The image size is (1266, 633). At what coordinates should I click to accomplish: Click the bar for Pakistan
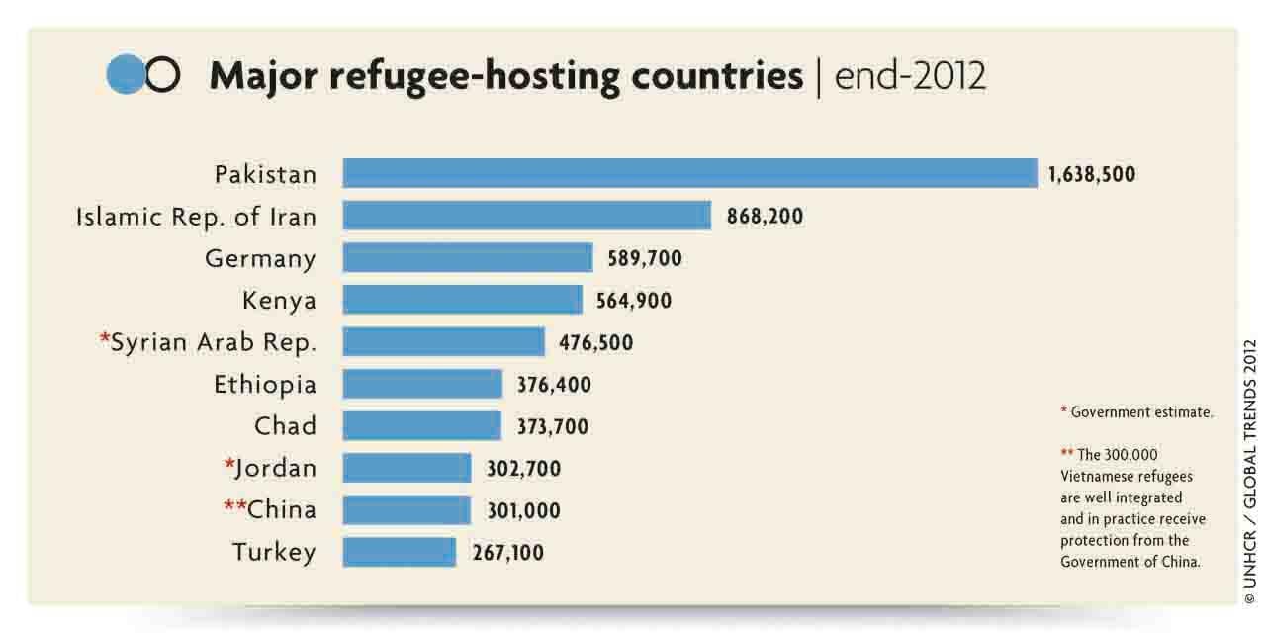pos(689,173)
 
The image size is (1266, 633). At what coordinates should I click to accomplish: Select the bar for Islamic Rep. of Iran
pos(526,216)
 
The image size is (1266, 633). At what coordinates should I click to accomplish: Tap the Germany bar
pos(468,258)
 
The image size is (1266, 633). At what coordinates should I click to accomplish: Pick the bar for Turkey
pos(400,552)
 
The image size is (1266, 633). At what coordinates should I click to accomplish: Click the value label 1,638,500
pos(1092,175)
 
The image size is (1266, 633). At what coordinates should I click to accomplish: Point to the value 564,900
pos(634,301)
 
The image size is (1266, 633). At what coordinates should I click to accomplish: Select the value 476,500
pos(596,343)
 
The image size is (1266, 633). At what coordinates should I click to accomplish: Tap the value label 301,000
pos(523,511)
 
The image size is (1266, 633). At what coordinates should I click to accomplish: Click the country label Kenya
pos(279,300)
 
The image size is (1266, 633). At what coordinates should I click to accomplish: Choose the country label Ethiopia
pos(265,385)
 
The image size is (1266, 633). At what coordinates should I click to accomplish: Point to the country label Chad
pos(285,426)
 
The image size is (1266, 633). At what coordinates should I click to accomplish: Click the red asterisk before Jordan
pos(229,464)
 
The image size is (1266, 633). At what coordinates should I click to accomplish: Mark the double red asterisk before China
pos(234,505)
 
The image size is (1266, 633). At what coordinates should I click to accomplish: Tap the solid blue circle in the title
pos(126,75)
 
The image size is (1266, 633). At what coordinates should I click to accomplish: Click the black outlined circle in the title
pos(163,76)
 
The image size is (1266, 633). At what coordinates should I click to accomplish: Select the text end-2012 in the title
pos(911,76)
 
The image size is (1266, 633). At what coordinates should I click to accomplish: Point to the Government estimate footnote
pos(1136,412)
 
